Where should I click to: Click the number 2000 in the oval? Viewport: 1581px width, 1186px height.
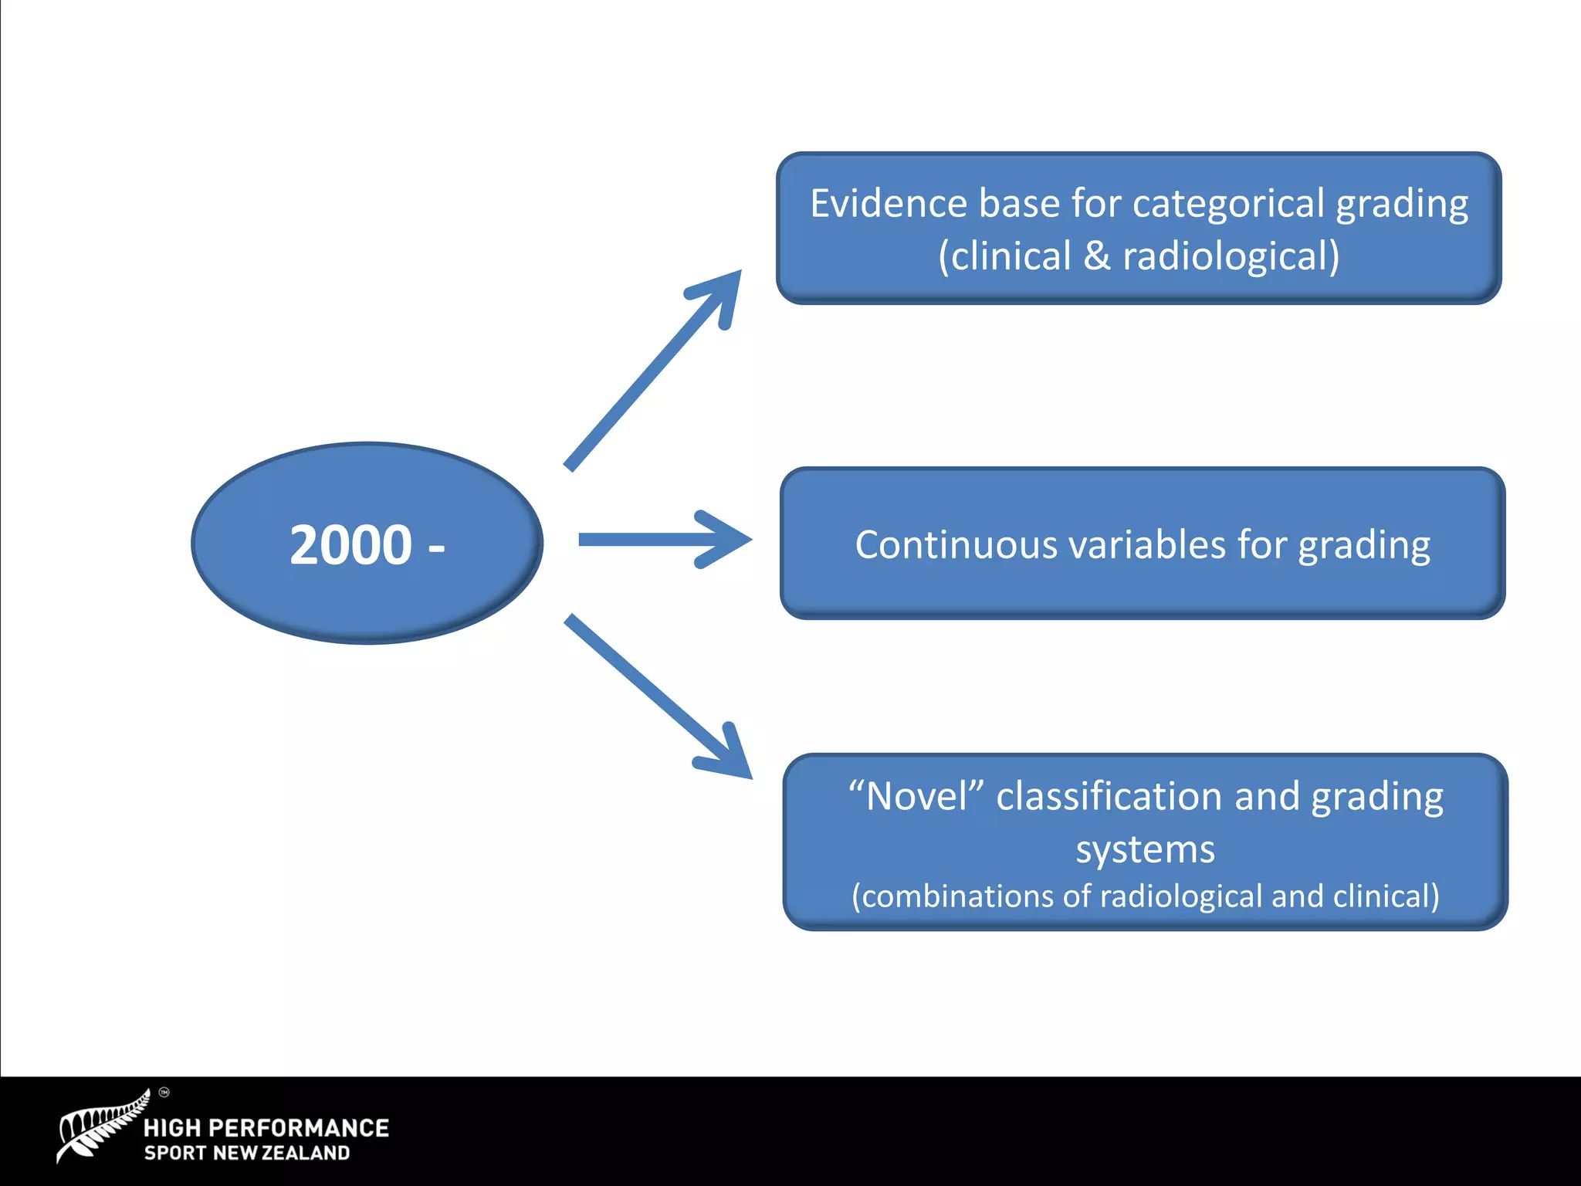[x=350, y=545]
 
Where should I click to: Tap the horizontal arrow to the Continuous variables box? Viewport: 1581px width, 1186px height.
[x=664, y=540]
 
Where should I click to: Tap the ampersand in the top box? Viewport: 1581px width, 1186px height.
[x=1097, y=256]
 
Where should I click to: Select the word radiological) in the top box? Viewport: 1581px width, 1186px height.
[x=1231, y=256]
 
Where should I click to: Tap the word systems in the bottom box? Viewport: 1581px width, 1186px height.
[x=1146, y=849]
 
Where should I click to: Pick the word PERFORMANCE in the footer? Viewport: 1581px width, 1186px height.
[x=299, y=1128]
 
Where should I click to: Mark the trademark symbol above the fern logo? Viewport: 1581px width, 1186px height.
[x=164, y=1092]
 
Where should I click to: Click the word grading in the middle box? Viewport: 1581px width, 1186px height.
[x=1364, y=545]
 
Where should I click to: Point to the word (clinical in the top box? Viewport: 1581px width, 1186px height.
[x=1004, y=256]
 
